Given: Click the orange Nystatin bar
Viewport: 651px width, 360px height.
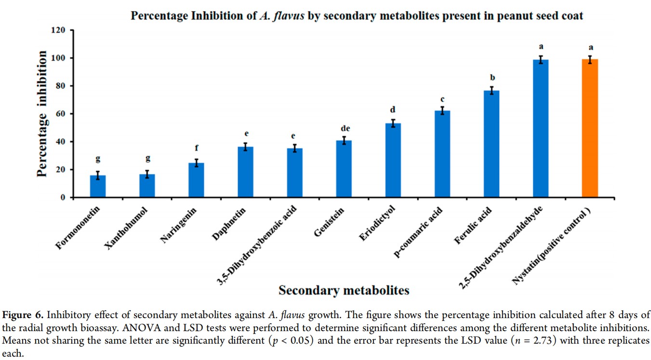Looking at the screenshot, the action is (x=590, y=128).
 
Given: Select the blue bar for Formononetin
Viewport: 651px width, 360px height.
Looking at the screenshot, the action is (x=98, y=186).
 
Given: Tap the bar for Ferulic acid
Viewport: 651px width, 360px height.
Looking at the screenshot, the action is (x=492, y=144).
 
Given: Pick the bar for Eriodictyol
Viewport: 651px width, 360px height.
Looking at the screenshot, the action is (x=393, y=160).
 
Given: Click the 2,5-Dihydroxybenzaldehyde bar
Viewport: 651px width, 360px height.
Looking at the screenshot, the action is (x=541, y=128).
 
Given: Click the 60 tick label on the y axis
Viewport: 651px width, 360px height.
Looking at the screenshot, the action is (x=60, y=114).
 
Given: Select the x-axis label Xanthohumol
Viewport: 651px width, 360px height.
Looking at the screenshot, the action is (x=126, y=228).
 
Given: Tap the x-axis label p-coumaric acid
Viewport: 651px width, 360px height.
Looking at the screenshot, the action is (x=418, y=232).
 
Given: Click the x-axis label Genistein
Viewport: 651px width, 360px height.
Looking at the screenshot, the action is (x=329, y=222).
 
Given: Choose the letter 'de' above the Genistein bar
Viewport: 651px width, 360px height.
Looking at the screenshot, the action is (x=345, y=128).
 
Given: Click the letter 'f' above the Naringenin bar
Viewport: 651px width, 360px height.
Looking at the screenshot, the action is (x=197, y=148).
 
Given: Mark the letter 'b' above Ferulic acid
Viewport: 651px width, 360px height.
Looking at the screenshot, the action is (x=492, y=77).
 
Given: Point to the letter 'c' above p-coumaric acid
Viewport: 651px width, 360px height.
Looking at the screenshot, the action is (x=442, y=99).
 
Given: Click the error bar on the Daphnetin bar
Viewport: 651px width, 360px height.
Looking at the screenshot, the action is (x=246, y=147).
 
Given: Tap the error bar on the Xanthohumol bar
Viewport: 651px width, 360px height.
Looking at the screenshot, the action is (x=147, y=174).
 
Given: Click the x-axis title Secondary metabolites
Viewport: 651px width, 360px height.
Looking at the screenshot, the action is (x=344, y=290).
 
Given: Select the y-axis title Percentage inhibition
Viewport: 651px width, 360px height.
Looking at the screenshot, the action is (x=42, y=114).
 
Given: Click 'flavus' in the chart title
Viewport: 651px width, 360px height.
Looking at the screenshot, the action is (x=289, y=16).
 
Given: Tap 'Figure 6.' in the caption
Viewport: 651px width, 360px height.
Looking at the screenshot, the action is (x=23, y=315).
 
